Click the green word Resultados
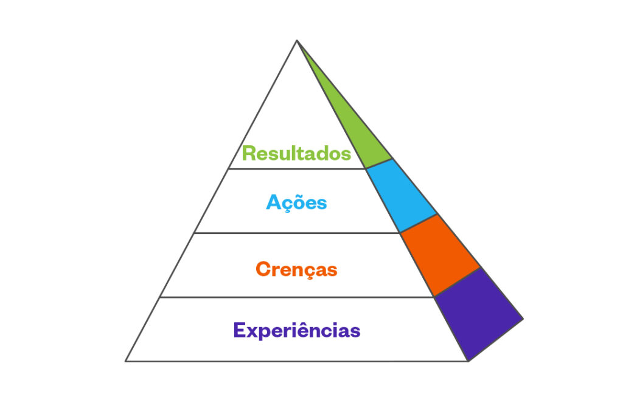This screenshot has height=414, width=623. click(296, 153)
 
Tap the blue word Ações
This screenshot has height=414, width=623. click(296, 202)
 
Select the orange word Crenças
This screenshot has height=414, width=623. click(296, 269)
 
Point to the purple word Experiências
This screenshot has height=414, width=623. click(297, 330)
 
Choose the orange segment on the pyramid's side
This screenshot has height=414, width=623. click(440, 255)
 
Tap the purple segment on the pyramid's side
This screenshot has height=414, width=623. click(479, 314)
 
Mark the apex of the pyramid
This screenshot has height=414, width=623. click(297, 40)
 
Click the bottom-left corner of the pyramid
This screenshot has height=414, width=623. click(125, 361)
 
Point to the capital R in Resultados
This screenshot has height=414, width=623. click(249, 153)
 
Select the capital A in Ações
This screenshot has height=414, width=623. click(274, 202)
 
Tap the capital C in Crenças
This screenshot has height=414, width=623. click(263, 269)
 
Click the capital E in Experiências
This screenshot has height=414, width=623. click(240, 329)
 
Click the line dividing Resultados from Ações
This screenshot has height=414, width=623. click(297, 168)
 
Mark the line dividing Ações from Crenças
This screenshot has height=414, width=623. click(297, 233)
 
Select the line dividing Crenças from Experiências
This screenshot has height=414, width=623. click(297, 297)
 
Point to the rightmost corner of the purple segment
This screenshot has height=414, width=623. click(523, 319)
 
